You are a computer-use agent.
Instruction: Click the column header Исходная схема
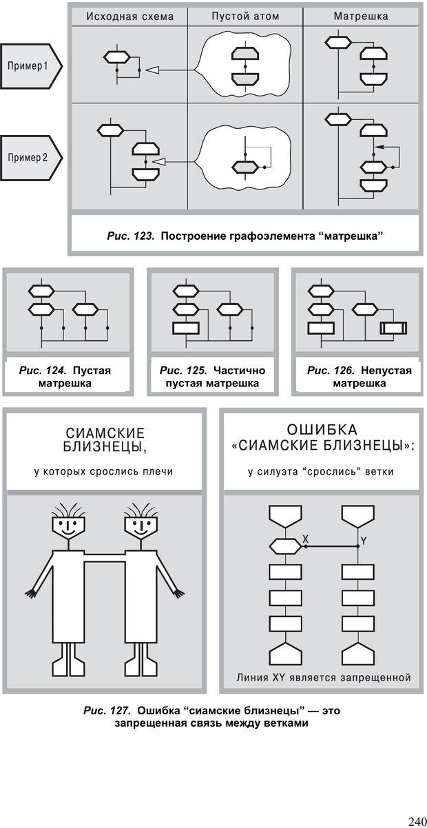click(129, 16)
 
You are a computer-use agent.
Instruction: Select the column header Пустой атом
click(245, 16)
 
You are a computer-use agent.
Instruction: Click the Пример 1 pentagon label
click(30, 67)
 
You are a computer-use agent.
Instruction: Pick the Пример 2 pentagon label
click(30, 157)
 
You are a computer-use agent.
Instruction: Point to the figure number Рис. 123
click(129, 236)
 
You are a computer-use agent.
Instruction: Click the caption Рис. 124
click(44, 371)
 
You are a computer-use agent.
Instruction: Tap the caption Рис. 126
click(331, 371)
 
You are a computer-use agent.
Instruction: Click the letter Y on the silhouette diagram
click(364, 541)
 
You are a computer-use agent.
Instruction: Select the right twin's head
click(140, 528)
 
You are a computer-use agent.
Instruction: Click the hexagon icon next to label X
click(283, 546)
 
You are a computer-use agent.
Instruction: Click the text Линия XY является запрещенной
click(323, 677)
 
